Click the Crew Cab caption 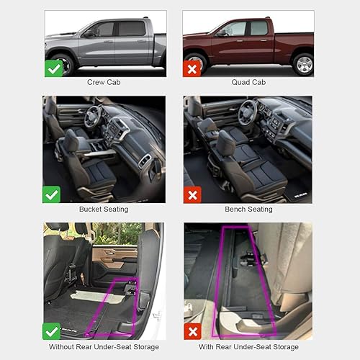(x=104, y=83)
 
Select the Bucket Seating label (x=104, y=210)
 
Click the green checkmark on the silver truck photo (x=53, y=68)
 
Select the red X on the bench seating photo (x=193, y=194)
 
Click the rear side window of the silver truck (x=132, y=28)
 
